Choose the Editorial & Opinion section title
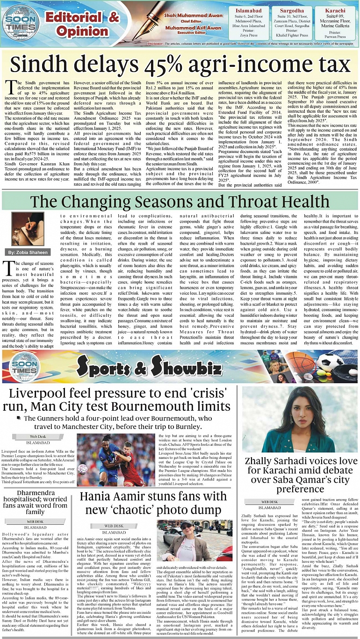[x=76, y=24]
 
